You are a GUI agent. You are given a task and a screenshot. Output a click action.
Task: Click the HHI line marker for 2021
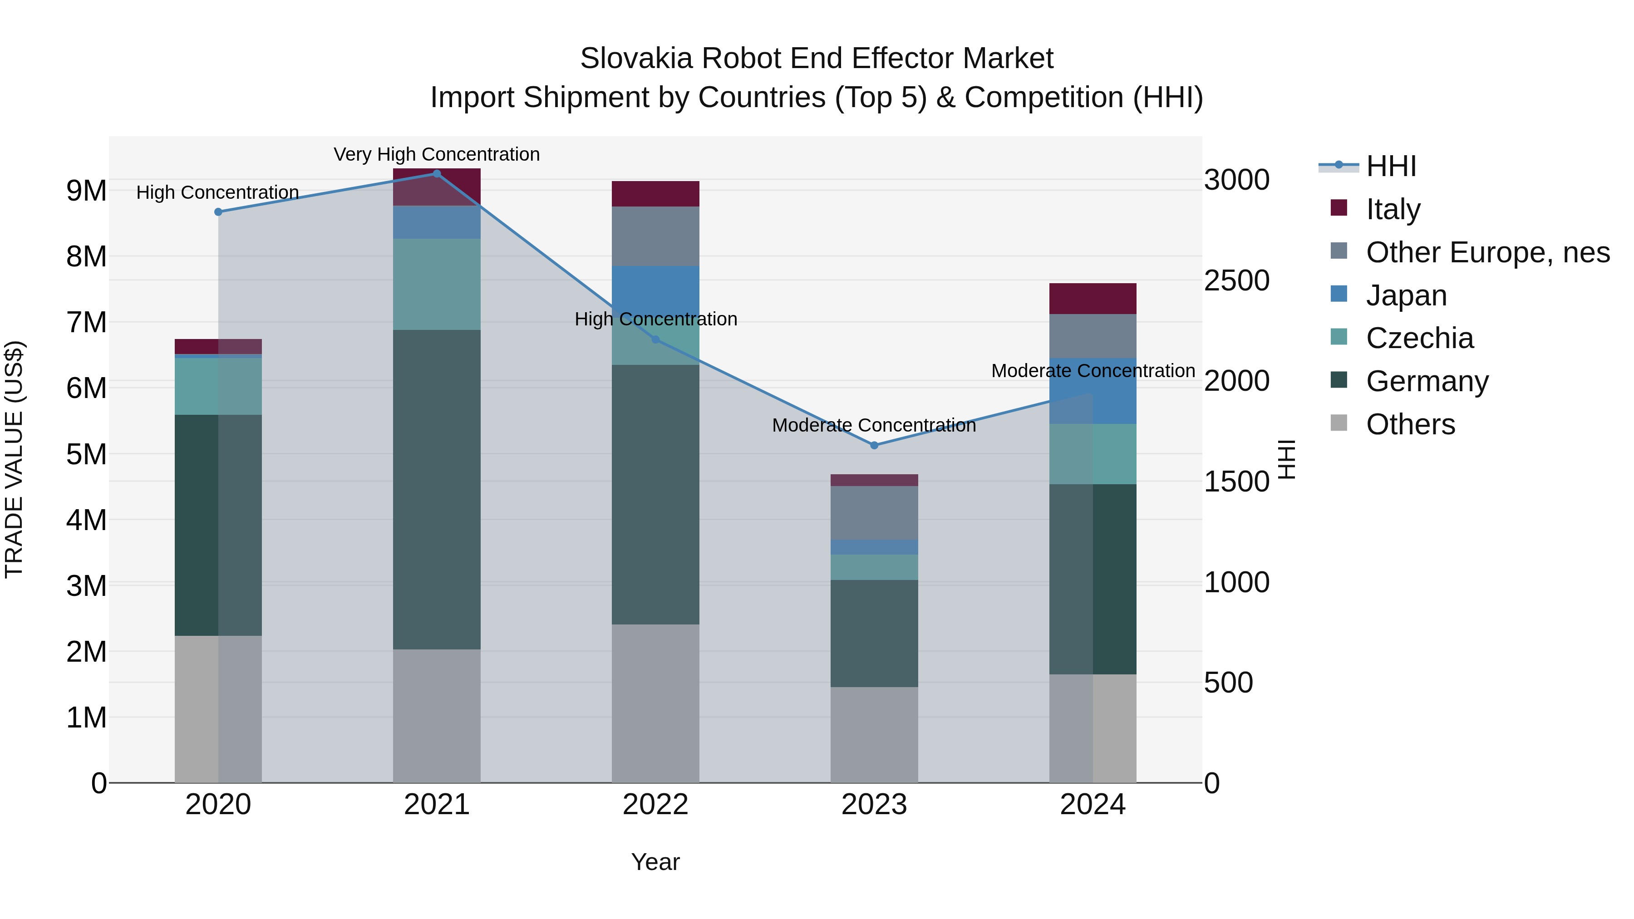tap(436, 174)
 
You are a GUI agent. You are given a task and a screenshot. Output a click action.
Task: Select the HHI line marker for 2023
tap(874, 445)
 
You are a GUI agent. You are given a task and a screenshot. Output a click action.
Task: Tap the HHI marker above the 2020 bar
tap(218, 212)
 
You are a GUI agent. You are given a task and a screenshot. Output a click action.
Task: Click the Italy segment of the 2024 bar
tap(1093, 299)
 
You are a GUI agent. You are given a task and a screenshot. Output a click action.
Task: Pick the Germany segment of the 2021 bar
tap(436, 489)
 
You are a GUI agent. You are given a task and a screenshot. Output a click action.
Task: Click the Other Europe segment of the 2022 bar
tap(655, 236)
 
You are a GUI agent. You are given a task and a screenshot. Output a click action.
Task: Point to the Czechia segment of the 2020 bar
tap(218, 386)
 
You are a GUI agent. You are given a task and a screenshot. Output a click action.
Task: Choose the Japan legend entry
tap(1406, 295)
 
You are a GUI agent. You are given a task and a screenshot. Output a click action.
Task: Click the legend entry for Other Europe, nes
tap(1487, 252)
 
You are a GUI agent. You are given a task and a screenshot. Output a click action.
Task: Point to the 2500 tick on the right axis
tap(1236, 280)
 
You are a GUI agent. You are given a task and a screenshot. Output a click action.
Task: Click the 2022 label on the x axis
tap(655, 805)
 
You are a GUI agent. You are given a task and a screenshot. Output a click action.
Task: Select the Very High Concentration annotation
tap(436, 154)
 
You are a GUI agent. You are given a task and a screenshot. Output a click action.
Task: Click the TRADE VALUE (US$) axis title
tap(15, 459)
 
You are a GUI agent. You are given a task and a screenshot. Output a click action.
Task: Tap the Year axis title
tap(655, 862)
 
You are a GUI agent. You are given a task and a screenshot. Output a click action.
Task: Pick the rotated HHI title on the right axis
tap(1286, 459)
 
